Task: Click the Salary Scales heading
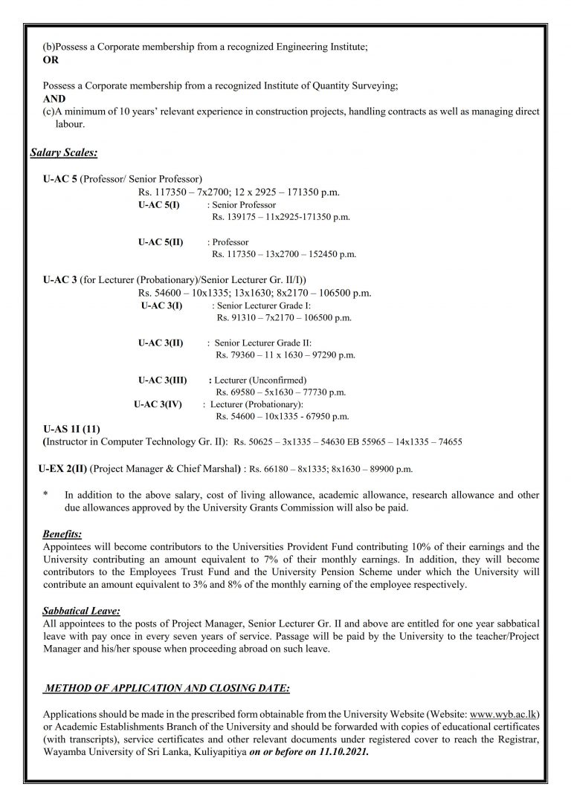[64, 153]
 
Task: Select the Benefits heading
[62, 534]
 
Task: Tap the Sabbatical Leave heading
[82, 611]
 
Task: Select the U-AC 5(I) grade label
[158, 204]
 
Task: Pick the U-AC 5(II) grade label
[161, 242]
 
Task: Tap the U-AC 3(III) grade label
[163, 380]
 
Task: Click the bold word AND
[54, 98]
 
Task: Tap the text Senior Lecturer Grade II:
[264, 343]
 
